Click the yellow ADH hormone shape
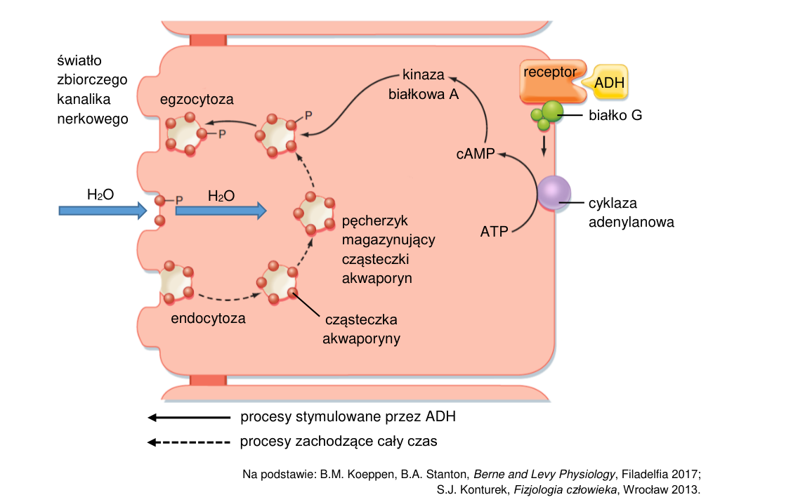[x=608, y=82]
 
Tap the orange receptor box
[x=550, y=81]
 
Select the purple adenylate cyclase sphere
[x=554, y=192]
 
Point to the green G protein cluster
[x=547, y=115]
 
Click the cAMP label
[x=476, y=154]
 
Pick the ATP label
[x=494, y=232]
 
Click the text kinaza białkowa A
[x=424, y=85]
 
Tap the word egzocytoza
[x=197, y=100]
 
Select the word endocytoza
[x=208, y=318]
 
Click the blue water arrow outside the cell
[x=103, y=211]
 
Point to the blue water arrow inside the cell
[x=221, y=211]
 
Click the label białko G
[x=615, y=115]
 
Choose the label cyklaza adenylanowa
[x=631, y=213]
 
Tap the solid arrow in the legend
[x=189, y=417]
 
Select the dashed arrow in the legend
[x=189, y=442]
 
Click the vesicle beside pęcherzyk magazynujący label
[x=315, y=213]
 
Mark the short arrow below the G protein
[x=544, y=145]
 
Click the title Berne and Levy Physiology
[x=544, y=475]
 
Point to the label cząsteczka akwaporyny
[x=362, y=329]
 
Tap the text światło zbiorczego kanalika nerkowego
[x=93, y=90]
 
